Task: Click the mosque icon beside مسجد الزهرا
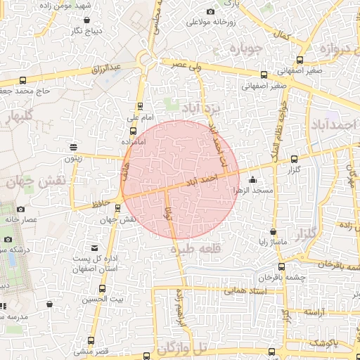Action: point(253,179)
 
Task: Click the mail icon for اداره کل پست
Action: point(95,247)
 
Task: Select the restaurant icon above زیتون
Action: point(74,147)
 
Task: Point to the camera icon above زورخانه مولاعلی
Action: point(210,11)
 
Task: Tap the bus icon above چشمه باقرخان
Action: point(282,266)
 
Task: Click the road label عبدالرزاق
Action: point(107,68)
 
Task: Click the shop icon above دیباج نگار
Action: point(86,20)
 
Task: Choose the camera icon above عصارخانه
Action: point(20,209)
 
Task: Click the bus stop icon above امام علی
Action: point(139,107)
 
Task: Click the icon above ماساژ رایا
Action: point(273,231)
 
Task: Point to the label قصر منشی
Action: point(91,350)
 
